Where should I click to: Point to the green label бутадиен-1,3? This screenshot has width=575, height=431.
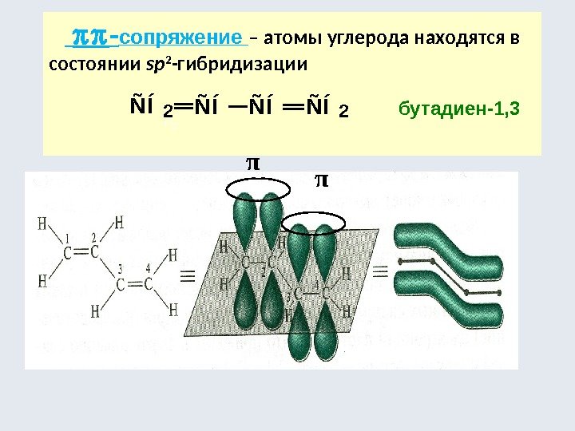tap(458, 108)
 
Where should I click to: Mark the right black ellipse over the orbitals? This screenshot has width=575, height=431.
tap(315, 220)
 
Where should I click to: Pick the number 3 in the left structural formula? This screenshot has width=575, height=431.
tap(120, 267)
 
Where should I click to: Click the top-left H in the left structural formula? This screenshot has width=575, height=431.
tap(42, 224)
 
